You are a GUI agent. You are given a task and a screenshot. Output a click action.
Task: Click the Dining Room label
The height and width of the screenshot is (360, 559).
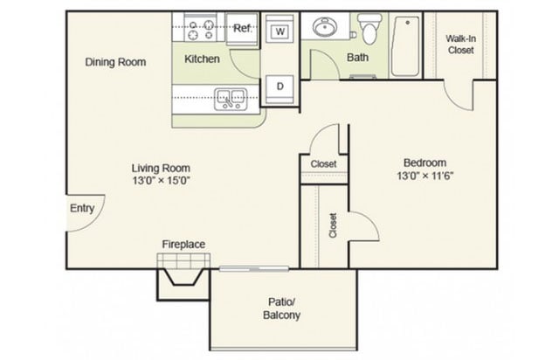[x=115, y=62]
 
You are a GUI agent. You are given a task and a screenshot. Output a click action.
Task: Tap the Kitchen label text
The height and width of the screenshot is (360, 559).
[x=202, y=59]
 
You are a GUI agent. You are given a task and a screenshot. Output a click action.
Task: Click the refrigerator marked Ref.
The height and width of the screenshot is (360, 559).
[x=242, y=29]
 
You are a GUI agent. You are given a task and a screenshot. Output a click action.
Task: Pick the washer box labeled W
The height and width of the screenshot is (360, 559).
[x=280, y=31]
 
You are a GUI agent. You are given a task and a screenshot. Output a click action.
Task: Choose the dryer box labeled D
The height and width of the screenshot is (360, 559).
[x=280, y=86]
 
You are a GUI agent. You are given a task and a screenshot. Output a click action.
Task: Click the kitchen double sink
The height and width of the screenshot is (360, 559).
[x=231, y=97]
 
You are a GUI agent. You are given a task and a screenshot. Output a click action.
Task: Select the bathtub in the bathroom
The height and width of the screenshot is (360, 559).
[x=405, y=45]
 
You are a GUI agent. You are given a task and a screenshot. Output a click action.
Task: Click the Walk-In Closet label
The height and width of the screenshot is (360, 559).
[x=459, y=45]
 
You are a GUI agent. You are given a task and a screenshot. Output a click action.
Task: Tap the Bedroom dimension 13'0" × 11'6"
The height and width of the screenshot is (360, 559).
[x=424, y=175]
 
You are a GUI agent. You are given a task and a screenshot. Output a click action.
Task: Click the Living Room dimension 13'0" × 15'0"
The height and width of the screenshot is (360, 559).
[x=161, y=179]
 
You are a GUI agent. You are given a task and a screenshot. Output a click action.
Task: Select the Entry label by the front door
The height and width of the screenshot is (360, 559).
[x=82, y=209]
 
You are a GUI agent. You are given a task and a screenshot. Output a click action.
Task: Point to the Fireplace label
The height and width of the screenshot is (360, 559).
[x=183, y=244]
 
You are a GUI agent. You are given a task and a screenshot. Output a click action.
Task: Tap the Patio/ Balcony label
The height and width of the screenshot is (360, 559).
[x=283, y=308]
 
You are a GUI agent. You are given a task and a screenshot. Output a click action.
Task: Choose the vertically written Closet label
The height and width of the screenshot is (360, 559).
[x=333, y=225]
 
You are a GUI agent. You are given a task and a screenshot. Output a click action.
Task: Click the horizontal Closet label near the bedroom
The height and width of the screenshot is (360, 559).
[x=323, y=163]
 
